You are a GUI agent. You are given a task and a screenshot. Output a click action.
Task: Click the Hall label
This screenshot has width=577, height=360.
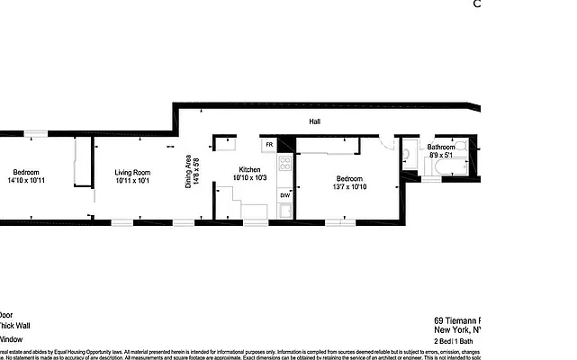click(x=314, y=121)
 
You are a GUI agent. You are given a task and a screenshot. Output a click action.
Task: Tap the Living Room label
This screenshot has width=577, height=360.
click(x=132, y=173)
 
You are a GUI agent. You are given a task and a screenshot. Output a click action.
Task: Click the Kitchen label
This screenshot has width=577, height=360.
click(x=249, y=170)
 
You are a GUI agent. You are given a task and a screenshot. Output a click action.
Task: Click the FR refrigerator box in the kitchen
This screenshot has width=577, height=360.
click(x=268, y=145)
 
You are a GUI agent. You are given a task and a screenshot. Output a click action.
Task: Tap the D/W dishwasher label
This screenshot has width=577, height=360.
click(x=284, y=194)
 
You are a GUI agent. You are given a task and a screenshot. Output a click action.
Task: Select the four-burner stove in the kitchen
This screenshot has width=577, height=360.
click(x=284, y=164)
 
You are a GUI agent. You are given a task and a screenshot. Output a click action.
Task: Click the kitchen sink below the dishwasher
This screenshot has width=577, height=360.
click(x=284, y=212)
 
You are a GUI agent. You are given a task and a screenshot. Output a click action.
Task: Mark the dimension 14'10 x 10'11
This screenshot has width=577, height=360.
click(x=25, y=181)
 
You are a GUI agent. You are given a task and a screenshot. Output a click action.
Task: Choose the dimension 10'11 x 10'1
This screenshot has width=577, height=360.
click(x=132, y=181)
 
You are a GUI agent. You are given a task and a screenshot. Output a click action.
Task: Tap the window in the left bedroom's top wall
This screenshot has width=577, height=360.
click(x=36, y=134)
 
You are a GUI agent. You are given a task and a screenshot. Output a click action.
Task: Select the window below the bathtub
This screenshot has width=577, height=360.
click(x=432, y=180)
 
